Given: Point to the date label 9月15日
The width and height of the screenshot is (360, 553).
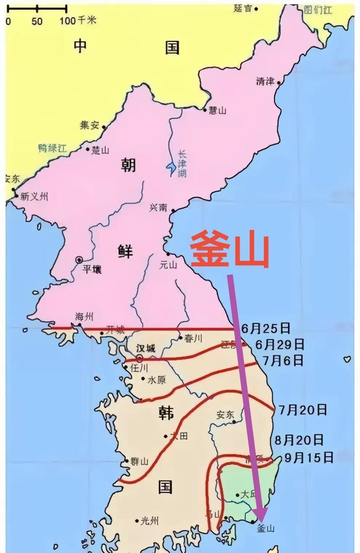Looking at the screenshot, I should [309, 457].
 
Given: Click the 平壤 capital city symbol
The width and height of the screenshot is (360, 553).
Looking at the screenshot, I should [79, 260].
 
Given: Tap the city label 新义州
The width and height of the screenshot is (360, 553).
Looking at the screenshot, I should [34, 197].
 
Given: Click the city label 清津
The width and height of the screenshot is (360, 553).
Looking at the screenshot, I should [265, 82].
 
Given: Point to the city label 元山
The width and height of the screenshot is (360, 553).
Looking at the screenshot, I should [168, 265].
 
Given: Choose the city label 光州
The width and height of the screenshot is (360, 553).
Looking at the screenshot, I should [150, 521].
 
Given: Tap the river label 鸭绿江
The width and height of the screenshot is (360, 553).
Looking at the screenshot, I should [52, 148].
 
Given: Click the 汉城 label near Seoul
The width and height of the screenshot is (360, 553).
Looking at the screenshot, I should [146, 348].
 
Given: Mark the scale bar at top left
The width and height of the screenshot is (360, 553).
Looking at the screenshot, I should [36, 8].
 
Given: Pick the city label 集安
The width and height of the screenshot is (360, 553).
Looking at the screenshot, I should [90, 126].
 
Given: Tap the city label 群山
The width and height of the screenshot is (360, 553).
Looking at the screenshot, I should [140, 462].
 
